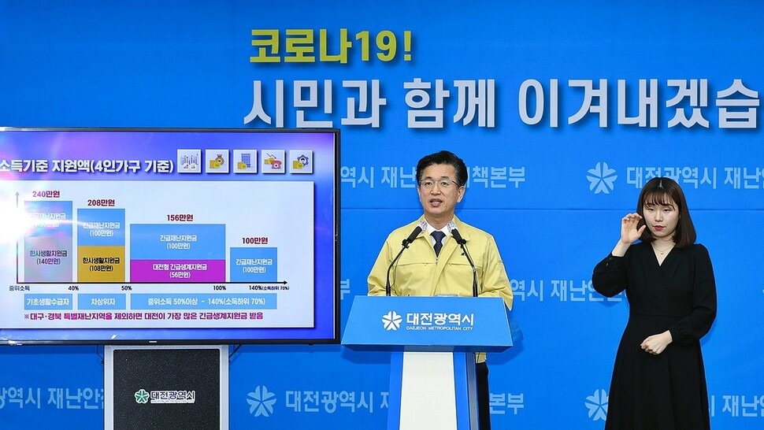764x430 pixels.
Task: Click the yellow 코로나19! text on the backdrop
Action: coord(331,47)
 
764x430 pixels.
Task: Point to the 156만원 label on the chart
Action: coord(180,217)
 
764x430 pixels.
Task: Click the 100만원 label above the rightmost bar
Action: coord(254,240)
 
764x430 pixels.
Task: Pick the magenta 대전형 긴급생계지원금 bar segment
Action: coord(177,271)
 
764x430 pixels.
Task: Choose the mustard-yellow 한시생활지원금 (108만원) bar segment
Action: coord(101,265)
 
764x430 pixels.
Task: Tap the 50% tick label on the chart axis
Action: coord(126,288)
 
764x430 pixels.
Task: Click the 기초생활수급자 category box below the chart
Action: coord(49,302)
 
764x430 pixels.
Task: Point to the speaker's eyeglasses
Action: coord(439,183)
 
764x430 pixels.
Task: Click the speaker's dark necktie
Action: coord(438,241)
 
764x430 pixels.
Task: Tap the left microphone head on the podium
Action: coord(413,234)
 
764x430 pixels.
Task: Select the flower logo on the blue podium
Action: coord(391,320)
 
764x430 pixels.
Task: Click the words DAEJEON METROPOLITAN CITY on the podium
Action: coord(439,328)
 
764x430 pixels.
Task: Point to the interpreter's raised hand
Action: coord(632,228)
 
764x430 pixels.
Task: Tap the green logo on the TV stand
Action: coord(142,396)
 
